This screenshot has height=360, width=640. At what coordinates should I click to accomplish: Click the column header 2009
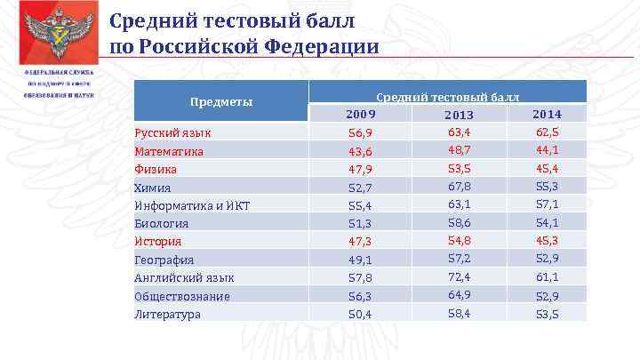pyautogui.click(x=361, y=115)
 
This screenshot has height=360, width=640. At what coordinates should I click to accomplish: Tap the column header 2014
pyautogui.click(x=546, y=114)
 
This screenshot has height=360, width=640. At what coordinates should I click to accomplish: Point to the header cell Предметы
pyautogui.click(x=221, y=101)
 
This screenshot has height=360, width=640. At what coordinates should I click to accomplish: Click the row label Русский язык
pyautogui.click(x=172, y=132)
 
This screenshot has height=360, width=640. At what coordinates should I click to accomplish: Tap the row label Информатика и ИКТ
pyautogui.click(x=191, y=205)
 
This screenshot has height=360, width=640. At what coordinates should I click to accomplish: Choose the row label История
pyautogui.click(x=157, y=241)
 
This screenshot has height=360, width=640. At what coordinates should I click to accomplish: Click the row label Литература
pyautogui.click(x=167, y=314)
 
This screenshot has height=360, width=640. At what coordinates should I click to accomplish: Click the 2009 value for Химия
pyautogui.click(x=360, y=188)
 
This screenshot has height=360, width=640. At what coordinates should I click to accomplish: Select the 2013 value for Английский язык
pyautogui.click(x=460, y=276)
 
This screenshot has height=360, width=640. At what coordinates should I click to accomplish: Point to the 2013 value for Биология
pyautogui.click(x=460, y=222)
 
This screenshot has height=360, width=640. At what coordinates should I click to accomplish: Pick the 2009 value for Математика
pyautogui.click(x=360, y=151)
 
